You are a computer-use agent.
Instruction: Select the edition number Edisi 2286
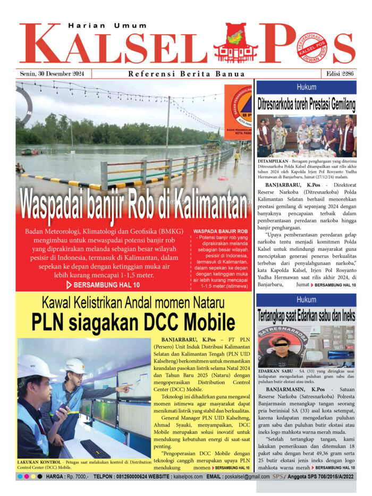338,74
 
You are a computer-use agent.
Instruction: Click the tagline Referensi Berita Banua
187,74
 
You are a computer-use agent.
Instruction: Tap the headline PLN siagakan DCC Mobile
133,322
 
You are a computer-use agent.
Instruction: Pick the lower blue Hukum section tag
306,299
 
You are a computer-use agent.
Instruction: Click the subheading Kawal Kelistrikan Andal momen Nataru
133,304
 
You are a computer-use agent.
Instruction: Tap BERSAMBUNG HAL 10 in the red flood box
103,285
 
